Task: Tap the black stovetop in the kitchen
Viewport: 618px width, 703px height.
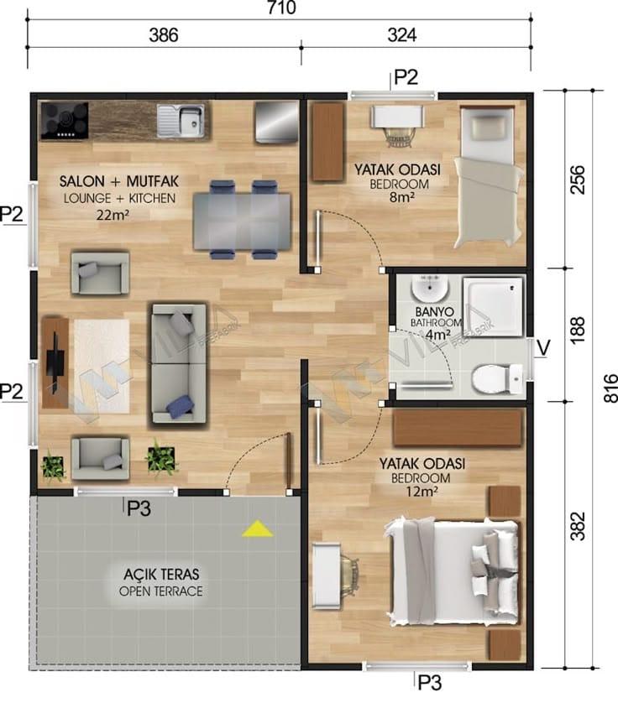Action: point(64,121)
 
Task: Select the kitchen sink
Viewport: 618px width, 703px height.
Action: point(181,120)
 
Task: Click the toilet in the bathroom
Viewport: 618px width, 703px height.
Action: point(497,379)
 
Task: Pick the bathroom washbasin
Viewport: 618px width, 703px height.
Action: point(430,289)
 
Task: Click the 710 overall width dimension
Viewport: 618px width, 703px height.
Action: point(281,8)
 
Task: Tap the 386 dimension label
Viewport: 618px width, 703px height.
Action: point(164,35)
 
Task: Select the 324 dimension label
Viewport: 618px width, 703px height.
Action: point(401,35)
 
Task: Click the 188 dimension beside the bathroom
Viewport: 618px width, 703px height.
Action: point(578,330)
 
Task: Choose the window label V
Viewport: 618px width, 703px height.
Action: point(543,348)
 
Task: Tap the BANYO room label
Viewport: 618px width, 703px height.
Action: point(434,311)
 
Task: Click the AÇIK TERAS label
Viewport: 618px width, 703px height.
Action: point(161,574)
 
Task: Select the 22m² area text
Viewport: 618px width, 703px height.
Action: point(113,216)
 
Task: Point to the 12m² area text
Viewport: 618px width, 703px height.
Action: point(422,492)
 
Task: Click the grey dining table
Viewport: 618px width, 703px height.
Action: point(243,221)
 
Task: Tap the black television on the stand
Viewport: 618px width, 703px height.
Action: point(56,363)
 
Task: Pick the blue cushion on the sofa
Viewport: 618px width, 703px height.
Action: point(180,406)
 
